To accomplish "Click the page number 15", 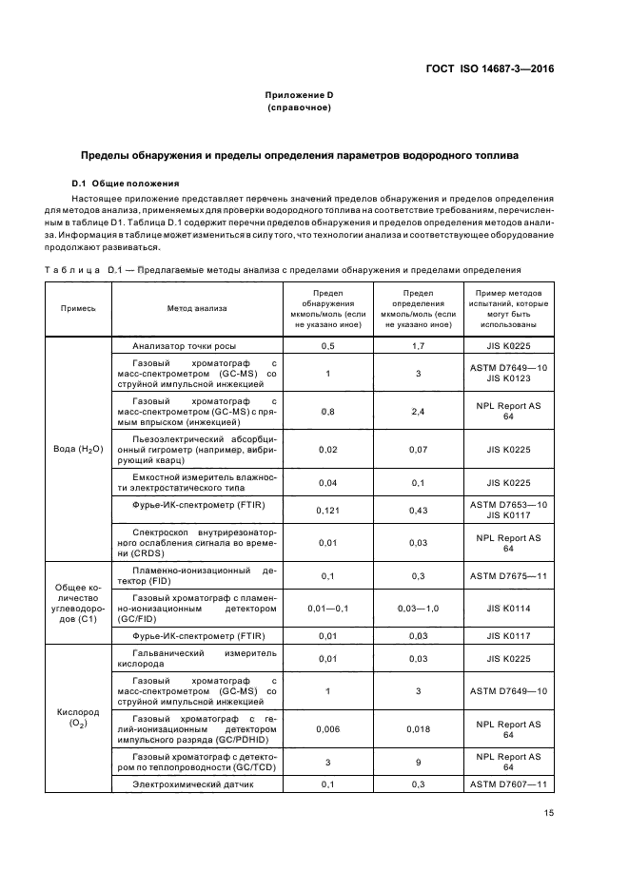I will coord(549,813).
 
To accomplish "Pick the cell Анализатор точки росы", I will coord(185,346).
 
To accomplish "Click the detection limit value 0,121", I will coord(327,511).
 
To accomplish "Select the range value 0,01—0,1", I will coord(327,608).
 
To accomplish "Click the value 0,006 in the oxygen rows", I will coord(327,729).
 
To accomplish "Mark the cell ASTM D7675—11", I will coord(508,576).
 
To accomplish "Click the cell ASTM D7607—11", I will coord(508,784).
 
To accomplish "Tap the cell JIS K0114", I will coord(508,608).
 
